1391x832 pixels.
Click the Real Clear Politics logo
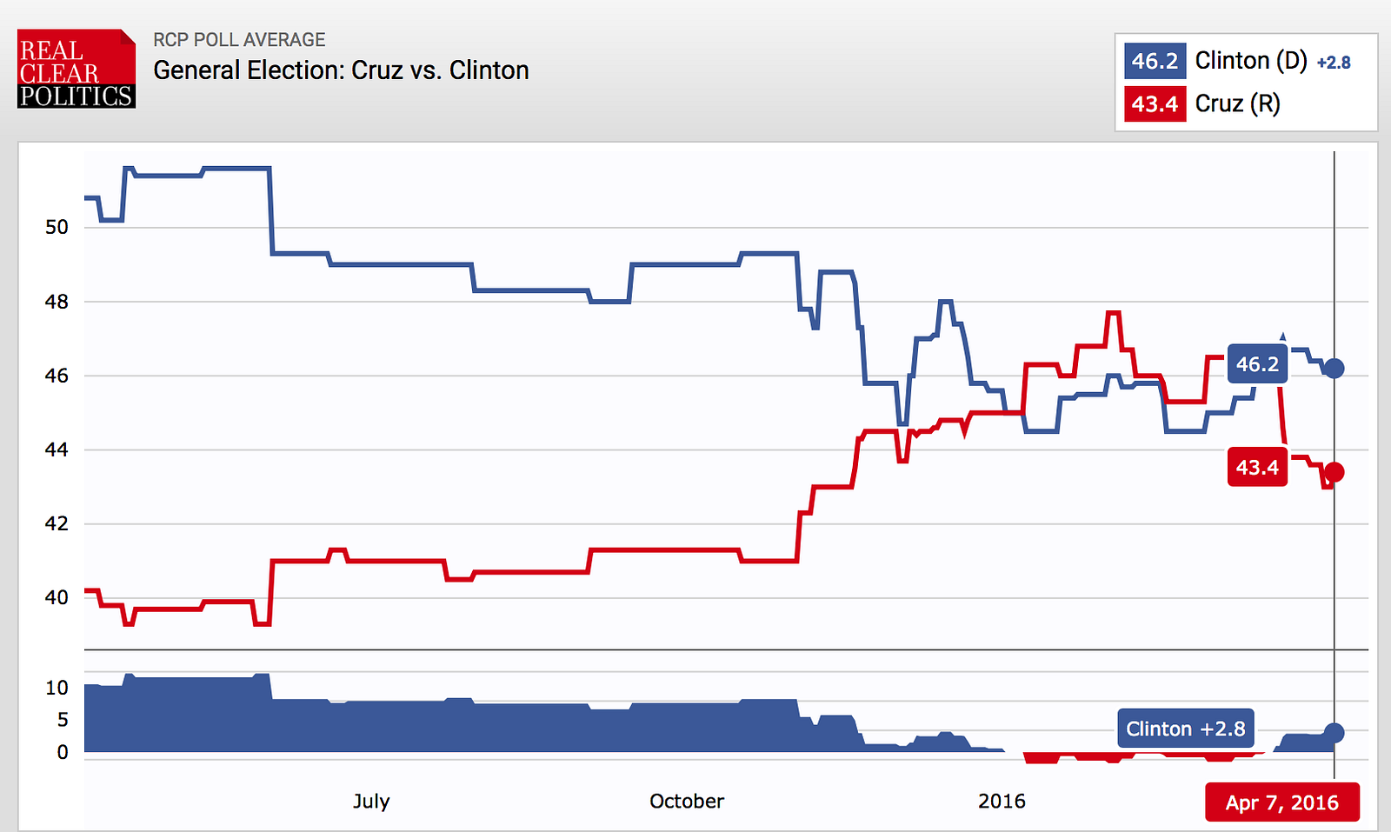[x=77, y=69]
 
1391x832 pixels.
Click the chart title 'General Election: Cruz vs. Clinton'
[x=341, y=70]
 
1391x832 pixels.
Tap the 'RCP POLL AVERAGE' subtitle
[x=239, y=40]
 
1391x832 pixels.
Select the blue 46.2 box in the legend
[x=1155, y=62]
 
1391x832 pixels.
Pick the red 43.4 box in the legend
[x=1155, y=104]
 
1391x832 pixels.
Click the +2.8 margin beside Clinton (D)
[x=1334, y=63]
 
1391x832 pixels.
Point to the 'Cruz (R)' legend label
[x=1237, y=104]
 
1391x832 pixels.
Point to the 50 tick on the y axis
[x=57, y=228]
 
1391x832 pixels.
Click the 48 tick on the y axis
[x=57, y=302]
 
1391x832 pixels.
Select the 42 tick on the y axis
[x=57, y=523]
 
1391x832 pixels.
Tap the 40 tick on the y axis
[x=57, y=597]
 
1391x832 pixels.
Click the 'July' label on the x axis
[x=371, y=801]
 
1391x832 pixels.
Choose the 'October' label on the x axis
[x=686, y=801]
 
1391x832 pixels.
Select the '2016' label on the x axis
[x=1002, y=801]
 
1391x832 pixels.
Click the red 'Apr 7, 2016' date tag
[x=1281, y=802]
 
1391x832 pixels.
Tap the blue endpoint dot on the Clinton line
[x=1334, y=369]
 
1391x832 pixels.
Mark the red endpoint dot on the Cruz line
[x=1334, y=472]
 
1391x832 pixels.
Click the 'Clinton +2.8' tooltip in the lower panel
[x=1185, y=729]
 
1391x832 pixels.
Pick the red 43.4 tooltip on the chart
[x=1257, y=468]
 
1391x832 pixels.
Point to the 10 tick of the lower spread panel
[x=57, y=688]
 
